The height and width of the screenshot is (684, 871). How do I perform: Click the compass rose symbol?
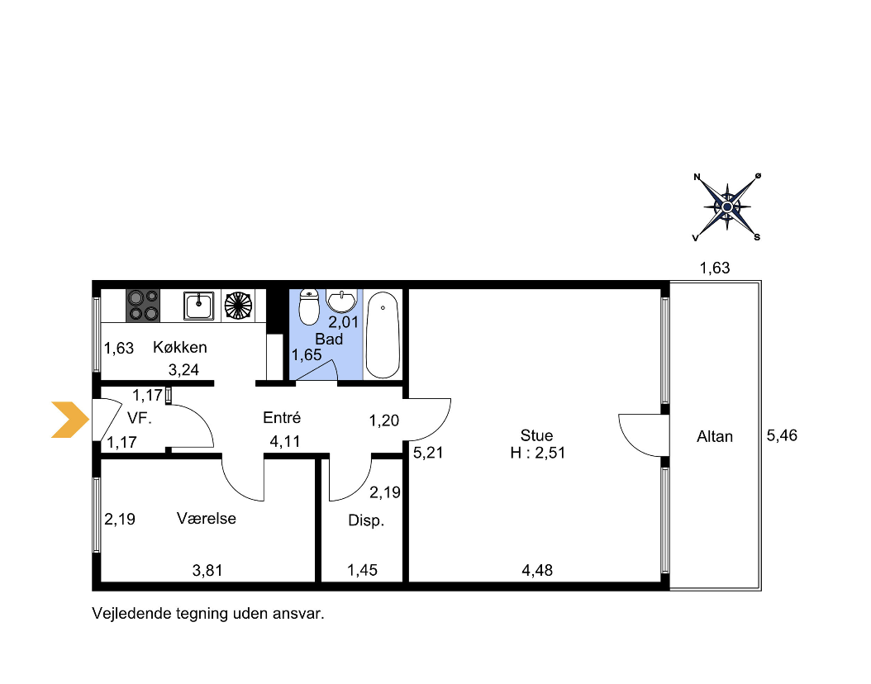click(727, 207)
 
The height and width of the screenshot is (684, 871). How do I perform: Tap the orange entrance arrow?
click(70, 420)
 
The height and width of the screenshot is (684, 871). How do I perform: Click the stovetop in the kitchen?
click(143, 306)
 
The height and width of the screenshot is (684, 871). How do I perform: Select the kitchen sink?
click(198, 306)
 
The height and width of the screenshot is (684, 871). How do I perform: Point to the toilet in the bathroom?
click(309, 306)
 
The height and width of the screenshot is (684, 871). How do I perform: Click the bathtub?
click(383, 335)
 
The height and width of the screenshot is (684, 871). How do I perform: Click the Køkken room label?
click(180, 348)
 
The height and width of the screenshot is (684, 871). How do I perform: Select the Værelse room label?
click(207, 519)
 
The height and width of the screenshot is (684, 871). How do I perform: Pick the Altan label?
click(715, 437)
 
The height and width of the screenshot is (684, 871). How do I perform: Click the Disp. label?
click(366, 520)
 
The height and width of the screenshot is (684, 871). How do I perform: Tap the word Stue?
click(536, 435)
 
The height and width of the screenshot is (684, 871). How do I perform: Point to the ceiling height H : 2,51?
click(538, 453)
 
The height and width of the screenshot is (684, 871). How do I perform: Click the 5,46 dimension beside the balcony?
click(782, 436)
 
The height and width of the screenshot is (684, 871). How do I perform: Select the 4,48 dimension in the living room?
click(537, 570)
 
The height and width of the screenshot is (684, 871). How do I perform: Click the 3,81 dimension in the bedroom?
click(207, 570)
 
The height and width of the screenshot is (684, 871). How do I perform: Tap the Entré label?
click(282, 417)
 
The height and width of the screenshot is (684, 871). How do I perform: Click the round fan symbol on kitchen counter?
click(238, 306)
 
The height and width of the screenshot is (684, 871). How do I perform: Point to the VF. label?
click(140, 418)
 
